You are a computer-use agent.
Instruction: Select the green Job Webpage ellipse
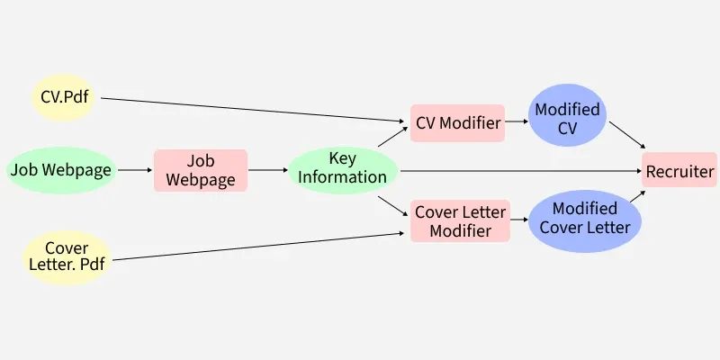coord(61,169)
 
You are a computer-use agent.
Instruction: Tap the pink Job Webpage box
coord(200,169)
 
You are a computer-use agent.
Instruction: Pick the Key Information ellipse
coord(342,169)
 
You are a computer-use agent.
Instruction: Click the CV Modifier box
coord(457,122)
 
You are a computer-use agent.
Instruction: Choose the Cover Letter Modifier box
coord(460,221)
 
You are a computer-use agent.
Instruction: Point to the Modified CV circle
coord(567,118)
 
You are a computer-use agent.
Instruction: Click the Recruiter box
coord(679,171)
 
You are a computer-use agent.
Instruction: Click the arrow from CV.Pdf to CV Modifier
coord(252,110)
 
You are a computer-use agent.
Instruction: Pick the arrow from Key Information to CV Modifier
coord(391,136)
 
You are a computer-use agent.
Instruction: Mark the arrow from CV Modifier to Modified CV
coord(517,121)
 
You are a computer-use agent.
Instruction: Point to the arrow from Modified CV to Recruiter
coord(627,135)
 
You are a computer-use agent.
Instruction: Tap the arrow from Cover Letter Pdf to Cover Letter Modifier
coord(261,247)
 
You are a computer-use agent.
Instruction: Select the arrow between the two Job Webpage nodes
coord(135,169)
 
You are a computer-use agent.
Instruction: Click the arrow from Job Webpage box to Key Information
coord(267,169)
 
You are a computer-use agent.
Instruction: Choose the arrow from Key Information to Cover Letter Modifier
coord(391,205)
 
